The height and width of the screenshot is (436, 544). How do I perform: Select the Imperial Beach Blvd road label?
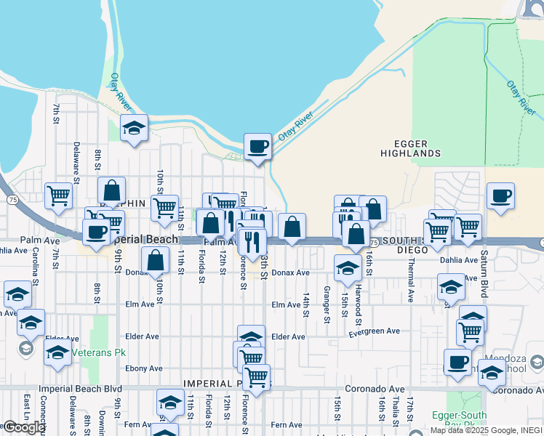[x=92, y=389]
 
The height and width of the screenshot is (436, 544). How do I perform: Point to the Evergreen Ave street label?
[x=374, y=331]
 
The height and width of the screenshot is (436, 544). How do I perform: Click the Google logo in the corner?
[x=23, y=427]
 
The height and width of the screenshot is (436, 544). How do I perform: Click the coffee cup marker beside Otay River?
[x=257, y=148]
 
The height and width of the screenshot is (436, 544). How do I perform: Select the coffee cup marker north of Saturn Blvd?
[x=501, y=196]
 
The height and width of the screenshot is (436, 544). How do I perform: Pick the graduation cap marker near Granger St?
[x=348, y=268]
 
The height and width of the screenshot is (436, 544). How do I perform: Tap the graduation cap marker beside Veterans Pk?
[x=57, y=353]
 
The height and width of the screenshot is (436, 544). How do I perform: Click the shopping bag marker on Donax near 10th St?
[x=156, y=260]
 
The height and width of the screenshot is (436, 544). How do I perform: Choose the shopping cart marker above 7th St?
[x=58, y=195]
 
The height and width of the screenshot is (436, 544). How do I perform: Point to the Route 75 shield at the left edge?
[x=11, y=199]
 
